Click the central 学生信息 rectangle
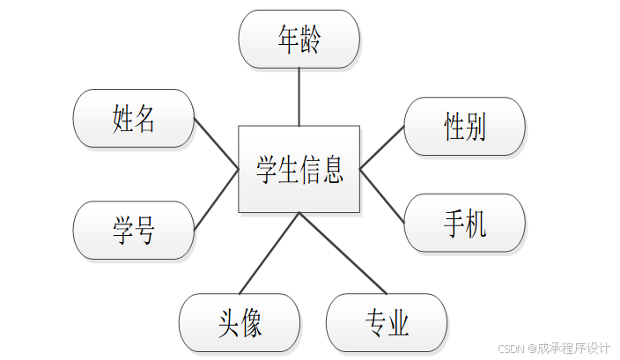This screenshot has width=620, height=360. point(299,169)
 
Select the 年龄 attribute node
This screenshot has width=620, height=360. point(299,39)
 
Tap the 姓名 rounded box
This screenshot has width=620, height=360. point(134,118)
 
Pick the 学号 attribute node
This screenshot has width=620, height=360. point(134,230)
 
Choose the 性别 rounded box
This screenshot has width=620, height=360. point(464,128)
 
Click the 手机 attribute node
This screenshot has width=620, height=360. point(464,223)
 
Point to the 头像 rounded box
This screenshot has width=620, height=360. point(240,322)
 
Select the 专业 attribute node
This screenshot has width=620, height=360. point(387,322)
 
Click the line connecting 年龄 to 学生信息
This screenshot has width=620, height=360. point(299,97)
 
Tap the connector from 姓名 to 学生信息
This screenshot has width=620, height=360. point(217,143)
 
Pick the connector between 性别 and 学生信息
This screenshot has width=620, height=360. point(382,146)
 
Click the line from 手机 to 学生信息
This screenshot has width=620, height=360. point(382,195)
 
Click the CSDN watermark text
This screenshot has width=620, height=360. point(554,348)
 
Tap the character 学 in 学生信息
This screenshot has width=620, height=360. point(267,169)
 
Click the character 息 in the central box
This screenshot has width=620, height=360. point(332,169)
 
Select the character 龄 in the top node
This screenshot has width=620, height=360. point(310,39)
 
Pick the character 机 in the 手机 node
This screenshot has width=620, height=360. point(476,223)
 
